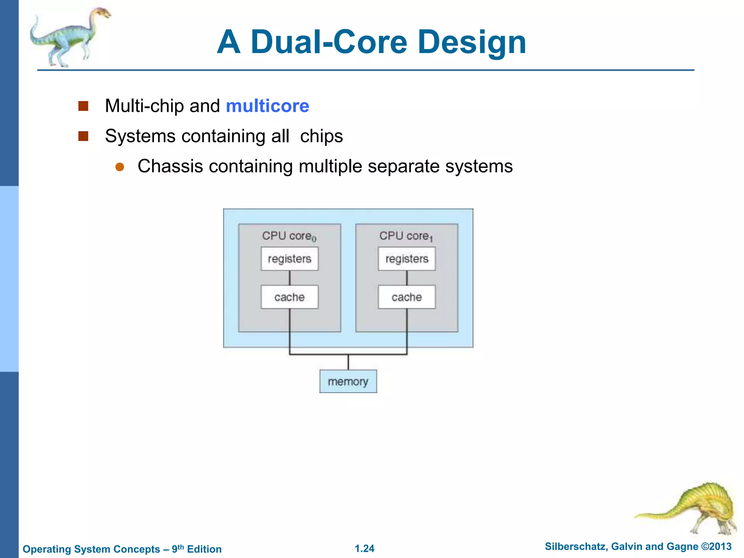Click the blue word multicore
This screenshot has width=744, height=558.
click(x=267, y=106)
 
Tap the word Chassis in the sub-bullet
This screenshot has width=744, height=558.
click(x=170, y=166)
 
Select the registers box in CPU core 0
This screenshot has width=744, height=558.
click(x=290, y=259)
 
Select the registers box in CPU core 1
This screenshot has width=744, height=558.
click(x=407, y=259)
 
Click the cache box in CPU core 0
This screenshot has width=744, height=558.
click(x=290, y=297)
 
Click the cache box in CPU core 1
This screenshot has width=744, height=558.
click(x=407, y=297)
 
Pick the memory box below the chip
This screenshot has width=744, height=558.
click(x=348, y=381)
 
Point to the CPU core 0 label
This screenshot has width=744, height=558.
click(x=289, y=236)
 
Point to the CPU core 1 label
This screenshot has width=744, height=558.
click(x=406, y=236)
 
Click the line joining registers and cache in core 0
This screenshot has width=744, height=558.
click(x=290, y=278)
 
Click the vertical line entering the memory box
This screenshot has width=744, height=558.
click(x=348, y=362)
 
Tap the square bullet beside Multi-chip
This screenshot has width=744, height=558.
click(x=84, y=106)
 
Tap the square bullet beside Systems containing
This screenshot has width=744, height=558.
click(x=84, y=136)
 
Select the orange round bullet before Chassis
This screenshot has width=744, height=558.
click(x=120, y=167)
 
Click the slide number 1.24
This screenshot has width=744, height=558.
click(x=364, y=549)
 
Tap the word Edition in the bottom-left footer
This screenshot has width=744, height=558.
click(x=204, y=549)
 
